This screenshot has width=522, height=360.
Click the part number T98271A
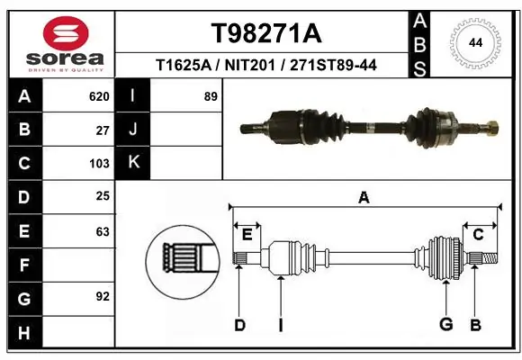click(x=265, y=33)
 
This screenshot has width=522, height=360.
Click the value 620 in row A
click(x=99, y=95)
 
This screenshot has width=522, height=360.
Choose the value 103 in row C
click(x=99, y=163)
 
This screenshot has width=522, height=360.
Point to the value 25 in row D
click(x=103, y=196)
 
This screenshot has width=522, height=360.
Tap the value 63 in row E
click(x=103, y=230)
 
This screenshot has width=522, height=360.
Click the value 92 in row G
click(x=103, y=296)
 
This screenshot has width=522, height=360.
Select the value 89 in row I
click(x=211, y=95)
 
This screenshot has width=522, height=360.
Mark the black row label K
click(x=133, y=163)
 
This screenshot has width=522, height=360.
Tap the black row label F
click(x=24, y=265)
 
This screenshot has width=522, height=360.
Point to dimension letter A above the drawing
click(x=364, y=198)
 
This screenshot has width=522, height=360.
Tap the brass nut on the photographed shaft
click(x=492, y=126)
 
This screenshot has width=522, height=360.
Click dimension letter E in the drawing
click(x=247, y=236)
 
